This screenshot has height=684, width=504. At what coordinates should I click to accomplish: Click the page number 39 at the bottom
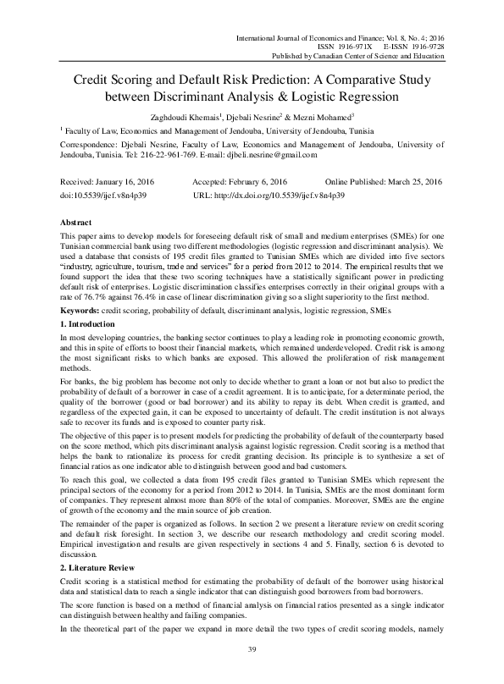point(252,648)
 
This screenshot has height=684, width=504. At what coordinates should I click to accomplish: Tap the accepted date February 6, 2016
point(256,182)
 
